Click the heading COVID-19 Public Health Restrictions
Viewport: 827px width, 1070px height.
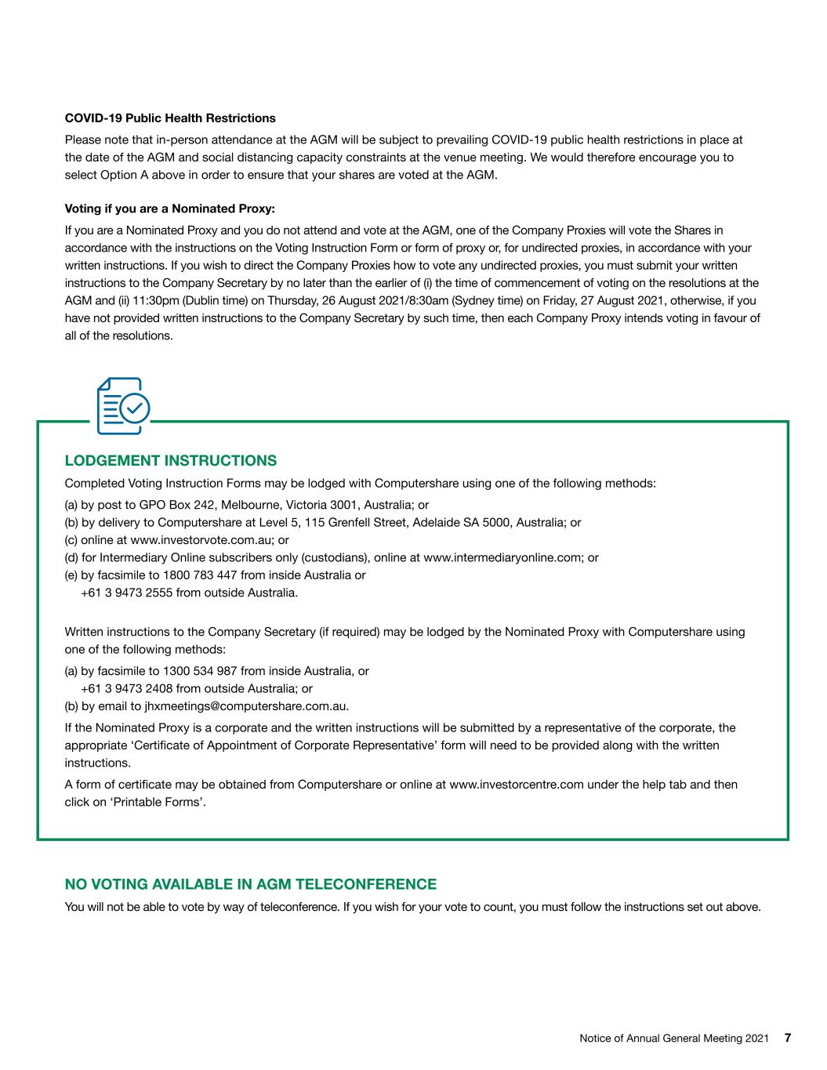tap(170, 118)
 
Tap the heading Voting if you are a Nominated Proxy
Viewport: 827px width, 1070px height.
tap(170, 209)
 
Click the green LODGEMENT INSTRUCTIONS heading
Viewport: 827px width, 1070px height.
tap(171, 460)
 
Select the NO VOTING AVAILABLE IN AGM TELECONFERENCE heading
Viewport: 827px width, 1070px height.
tap(250, 884)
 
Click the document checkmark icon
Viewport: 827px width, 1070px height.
tap(122, 406)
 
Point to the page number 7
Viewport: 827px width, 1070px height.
tap(788, 1038)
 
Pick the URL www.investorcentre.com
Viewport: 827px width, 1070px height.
tap(517, 784)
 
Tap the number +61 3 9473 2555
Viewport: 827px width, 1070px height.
tap(126, 593)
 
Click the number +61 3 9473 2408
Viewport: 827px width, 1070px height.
tap(126, 688)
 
